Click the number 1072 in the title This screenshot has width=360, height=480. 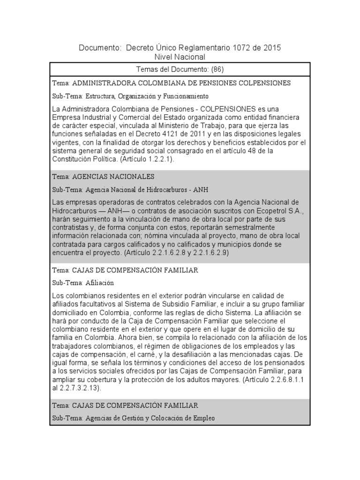pos(240,48)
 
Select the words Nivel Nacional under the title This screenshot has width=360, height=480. pos(180,57)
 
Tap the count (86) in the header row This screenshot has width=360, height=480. pos(217,69)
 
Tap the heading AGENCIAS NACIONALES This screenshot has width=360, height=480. pos(113,177)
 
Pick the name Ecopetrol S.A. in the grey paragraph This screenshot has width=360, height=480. pos(282,211)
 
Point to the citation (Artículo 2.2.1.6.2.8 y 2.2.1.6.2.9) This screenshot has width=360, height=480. pos(176,252)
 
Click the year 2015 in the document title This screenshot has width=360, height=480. pos(271,48)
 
